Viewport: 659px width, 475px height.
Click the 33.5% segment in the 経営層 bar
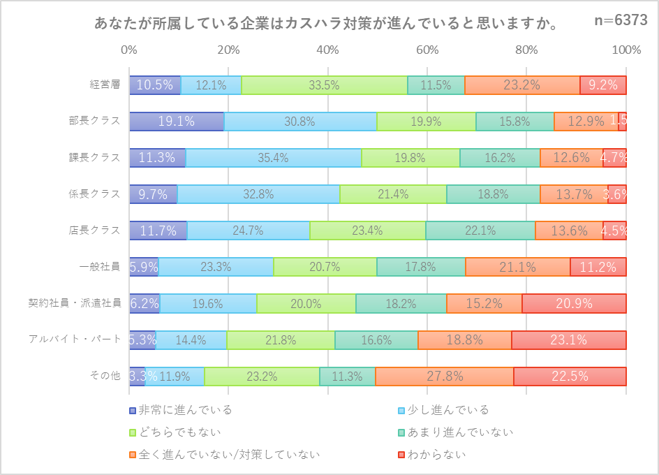(325, 85)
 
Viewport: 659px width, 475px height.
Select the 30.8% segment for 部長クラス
(300, 122)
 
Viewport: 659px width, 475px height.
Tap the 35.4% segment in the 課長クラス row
(274, 158)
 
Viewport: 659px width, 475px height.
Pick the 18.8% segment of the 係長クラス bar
(493, 194)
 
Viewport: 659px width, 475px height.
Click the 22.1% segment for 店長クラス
(480, 231)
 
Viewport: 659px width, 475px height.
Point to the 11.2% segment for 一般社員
(598, 267)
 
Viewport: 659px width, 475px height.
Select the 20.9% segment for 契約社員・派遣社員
(573, 303)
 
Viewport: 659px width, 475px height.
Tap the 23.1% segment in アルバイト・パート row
(568, 340)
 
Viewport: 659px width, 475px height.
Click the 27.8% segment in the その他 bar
(445, 377)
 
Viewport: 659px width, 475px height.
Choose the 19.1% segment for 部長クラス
(177, 122)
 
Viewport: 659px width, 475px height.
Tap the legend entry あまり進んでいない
(458, 432)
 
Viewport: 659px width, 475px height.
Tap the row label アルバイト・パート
(75, 340)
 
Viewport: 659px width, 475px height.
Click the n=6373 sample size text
(621, 21)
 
